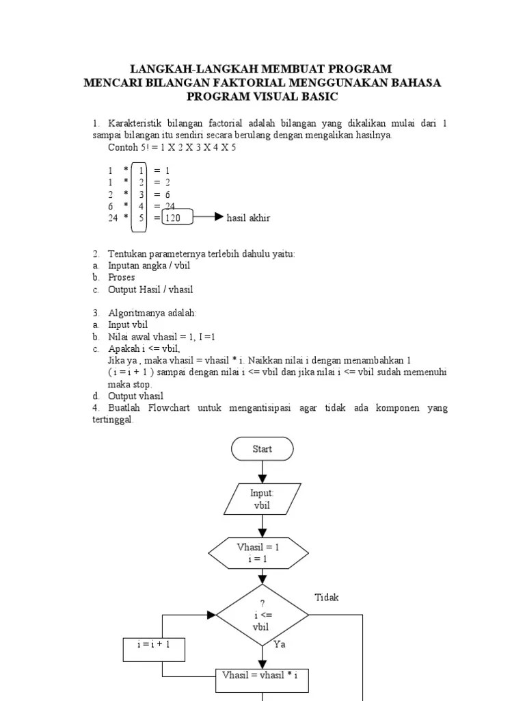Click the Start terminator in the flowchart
click(262, 449)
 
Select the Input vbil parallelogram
click(262, 499)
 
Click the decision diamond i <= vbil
click(262, 615)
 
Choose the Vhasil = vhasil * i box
click(262, 674)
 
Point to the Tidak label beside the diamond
click(327, 598)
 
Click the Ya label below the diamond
click(280, 644)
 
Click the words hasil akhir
click(248, 218)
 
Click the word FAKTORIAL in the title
click(221, 83)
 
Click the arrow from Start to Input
click(262, 472)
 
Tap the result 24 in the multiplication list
click(170, 206)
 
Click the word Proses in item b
click(122, 277)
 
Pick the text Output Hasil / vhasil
click(150, 290)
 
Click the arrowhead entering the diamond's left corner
click(212, 615)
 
